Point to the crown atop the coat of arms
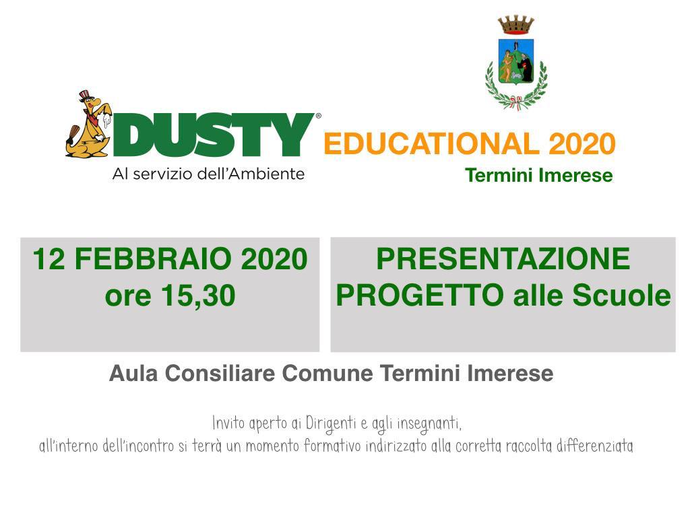pos(515,26)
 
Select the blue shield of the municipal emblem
pos(515,61)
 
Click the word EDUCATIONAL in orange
pos(431,144)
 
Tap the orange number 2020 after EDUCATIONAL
pos(582,144)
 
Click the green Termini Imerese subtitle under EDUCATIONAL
pos(538,176)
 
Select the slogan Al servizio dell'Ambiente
pos(208,174)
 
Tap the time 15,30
pos(198,296)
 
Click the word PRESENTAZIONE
pos(503,259)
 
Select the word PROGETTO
pos(420,296)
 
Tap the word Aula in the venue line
pos(133,374)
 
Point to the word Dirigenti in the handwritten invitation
pos(331,424)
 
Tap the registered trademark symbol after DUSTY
pos(318,116)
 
